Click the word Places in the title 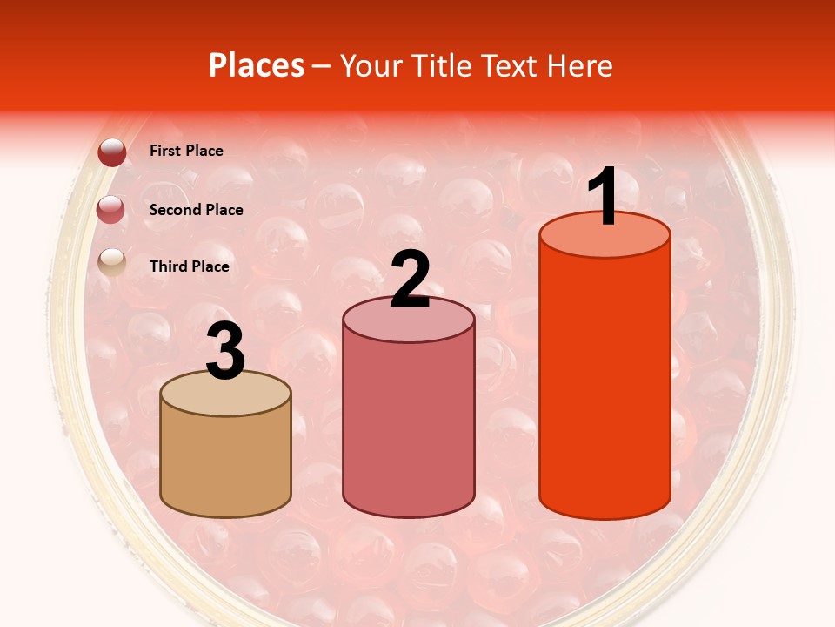tap(256, 65)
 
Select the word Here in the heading tap(578, 65)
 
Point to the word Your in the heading tap(371, 65)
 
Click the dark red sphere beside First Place tap(112, 152)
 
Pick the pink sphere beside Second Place tap(112, 210)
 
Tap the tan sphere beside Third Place tap(112, 261)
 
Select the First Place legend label tap(186, 151)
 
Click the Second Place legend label tap(196, 210)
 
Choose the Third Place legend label tap(189, 266)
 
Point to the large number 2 tap(410, 280)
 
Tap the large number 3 tap(225, 352)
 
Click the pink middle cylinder tap(409, 427)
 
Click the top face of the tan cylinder tap(225, 394)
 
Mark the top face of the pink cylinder tap(409, 320)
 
